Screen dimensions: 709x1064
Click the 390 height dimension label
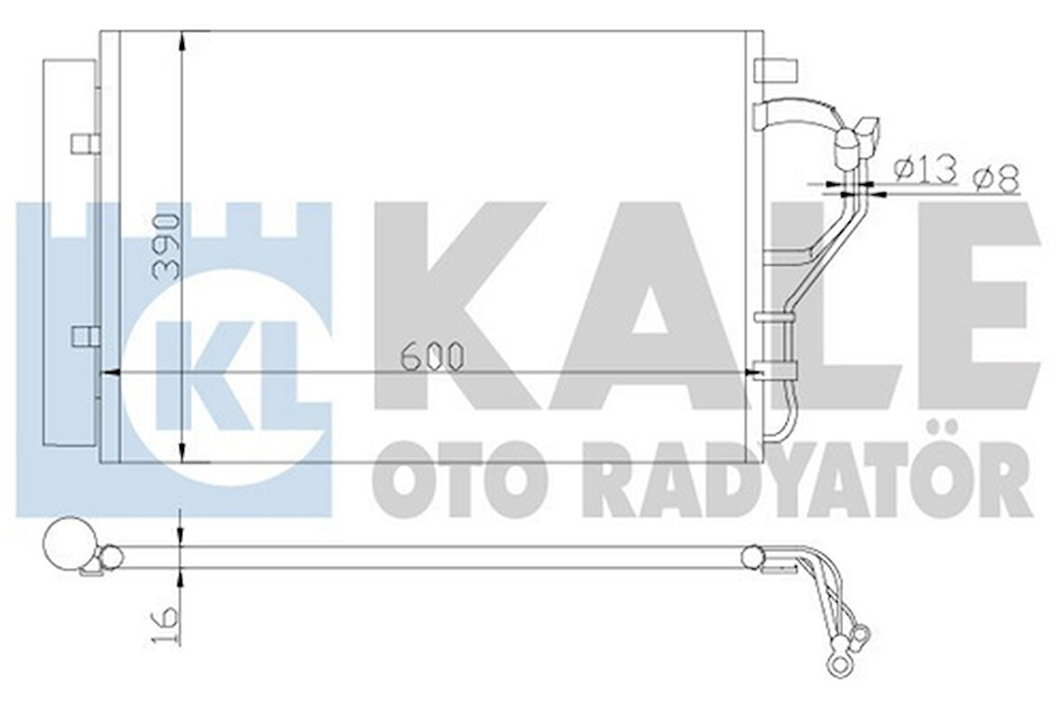click(168, 246)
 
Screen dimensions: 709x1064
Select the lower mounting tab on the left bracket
click(86, 336)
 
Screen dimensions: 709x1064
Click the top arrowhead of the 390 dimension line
click(182, 41)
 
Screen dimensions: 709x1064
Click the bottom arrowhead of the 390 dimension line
click(182, 454)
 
